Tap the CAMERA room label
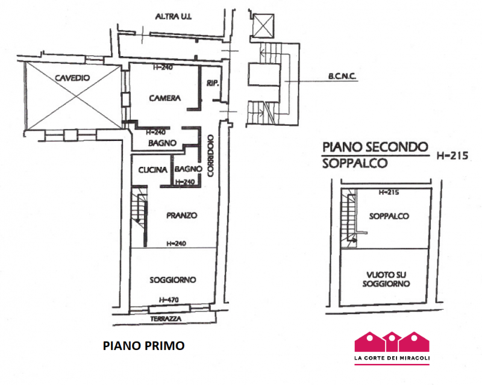[165, 98]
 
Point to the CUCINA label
[152, 171]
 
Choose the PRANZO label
[181, 215]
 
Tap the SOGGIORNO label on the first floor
[173, 280]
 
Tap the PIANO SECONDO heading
[375, 146]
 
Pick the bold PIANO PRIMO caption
[143, 346]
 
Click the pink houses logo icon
[392, 341]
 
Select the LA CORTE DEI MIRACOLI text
[392, 360]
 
